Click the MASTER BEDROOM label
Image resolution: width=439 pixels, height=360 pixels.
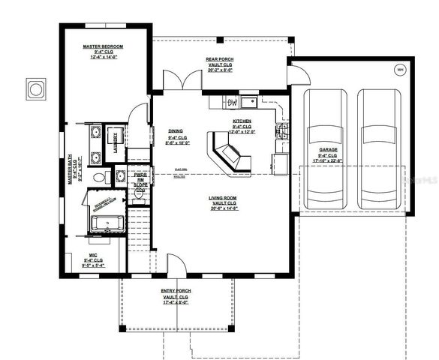tap(103, 46)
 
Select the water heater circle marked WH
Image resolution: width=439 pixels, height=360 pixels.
tap(398, 70)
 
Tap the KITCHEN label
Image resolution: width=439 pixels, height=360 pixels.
tap(241, 121)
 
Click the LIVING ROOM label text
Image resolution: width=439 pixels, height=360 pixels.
tap(224, 198)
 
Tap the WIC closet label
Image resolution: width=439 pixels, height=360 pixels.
tap(92, 243)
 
